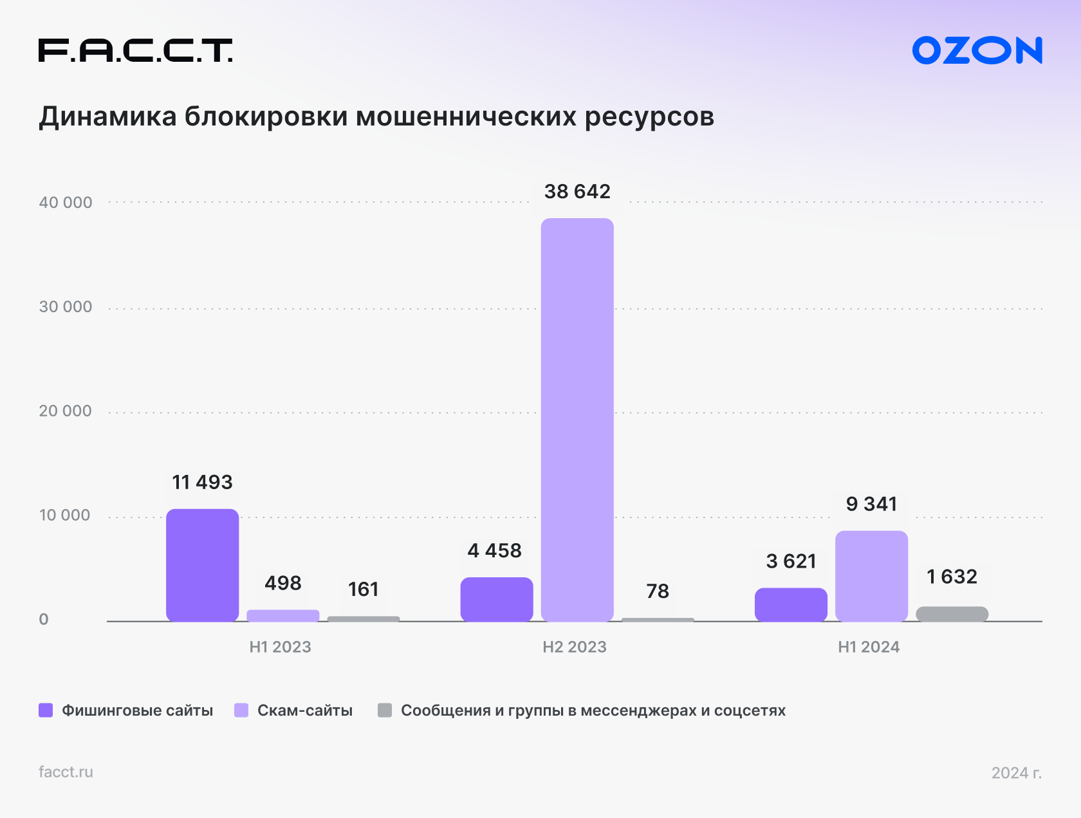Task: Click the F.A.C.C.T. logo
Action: coord(135,50)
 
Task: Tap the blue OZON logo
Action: coord(977,50)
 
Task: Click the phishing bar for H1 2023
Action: coord(203,565)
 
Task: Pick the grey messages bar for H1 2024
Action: coord(952,614)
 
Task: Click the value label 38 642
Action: coord(577,191)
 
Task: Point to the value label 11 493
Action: coord(202,482)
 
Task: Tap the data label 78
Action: coord(658,591)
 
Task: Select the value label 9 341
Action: coord(871,504)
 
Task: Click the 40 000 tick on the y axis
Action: coord(66,203)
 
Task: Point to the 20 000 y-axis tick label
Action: coord(66,411)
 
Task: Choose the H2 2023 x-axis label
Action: coord(575,647)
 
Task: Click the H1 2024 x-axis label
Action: coord(869,647)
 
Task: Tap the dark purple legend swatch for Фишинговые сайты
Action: coord(46,711)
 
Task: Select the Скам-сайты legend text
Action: coord(305,711)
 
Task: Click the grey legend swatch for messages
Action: coord(385,711)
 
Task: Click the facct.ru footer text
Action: coord(66,772)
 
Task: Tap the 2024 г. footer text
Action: coord(1016,772)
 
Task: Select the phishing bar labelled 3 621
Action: coord(791,605)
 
